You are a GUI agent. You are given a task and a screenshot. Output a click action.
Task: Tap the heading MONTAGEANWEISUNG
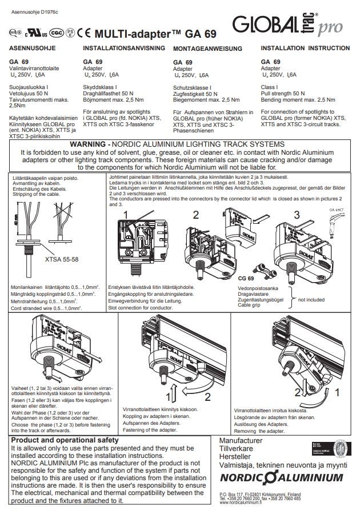pyautogui.click(x=207, y=50)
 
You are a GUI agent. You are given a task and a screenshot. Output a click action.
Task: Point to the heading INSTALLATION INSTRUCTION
pyautogui.click(x=298, y=49)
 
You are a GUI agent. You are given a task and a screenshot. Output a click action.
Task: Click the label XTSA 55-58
pyautogui.click(x=61, y=259)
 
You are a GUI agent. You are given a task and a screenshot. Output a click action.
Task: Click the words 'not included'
pyautogui.click(x=311, y=299)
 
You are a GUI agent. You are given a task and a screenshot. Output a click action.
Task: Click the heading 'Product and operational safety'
pyautogui.click(x=65, y=440)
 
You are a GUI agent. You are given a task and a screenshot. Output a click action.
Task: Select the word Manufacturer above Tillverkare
pyautogui.click(x=241, y=441)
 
